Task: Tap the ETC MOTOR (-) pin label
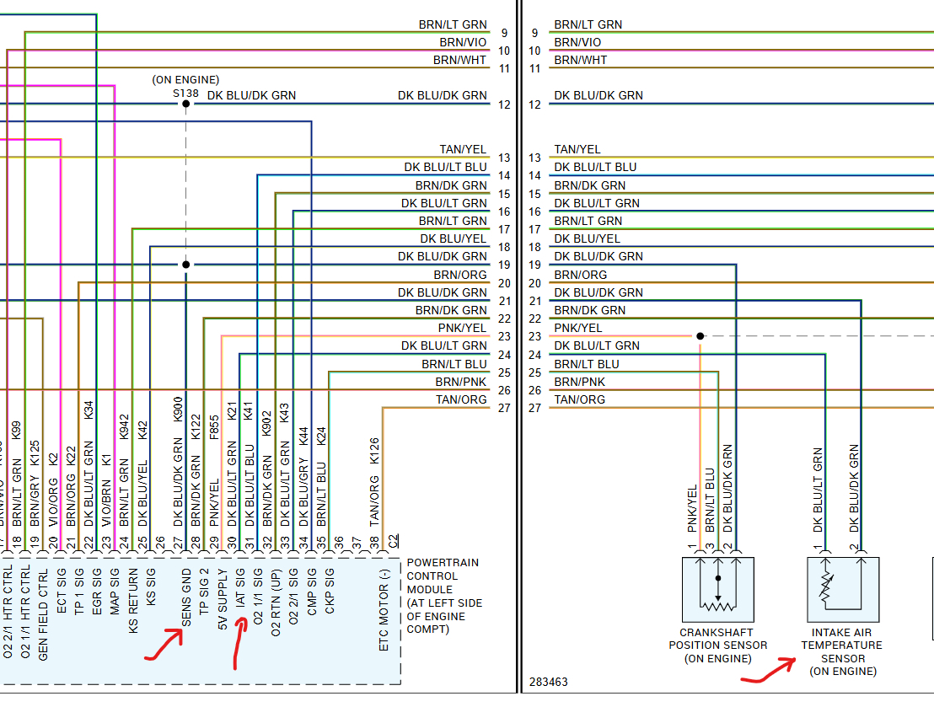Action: coord(384,609)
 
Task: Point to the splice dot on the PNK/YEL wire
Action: coord(700,336)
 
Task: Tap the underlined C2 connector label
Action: coord(393,538)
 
